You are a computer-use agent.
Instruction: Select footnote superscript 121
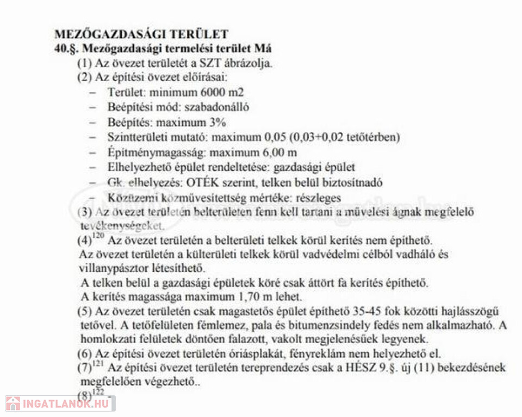click(x=100, y=364)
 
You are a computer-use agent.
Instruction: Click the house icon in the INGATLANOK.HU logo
click(x=13, y=403)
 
